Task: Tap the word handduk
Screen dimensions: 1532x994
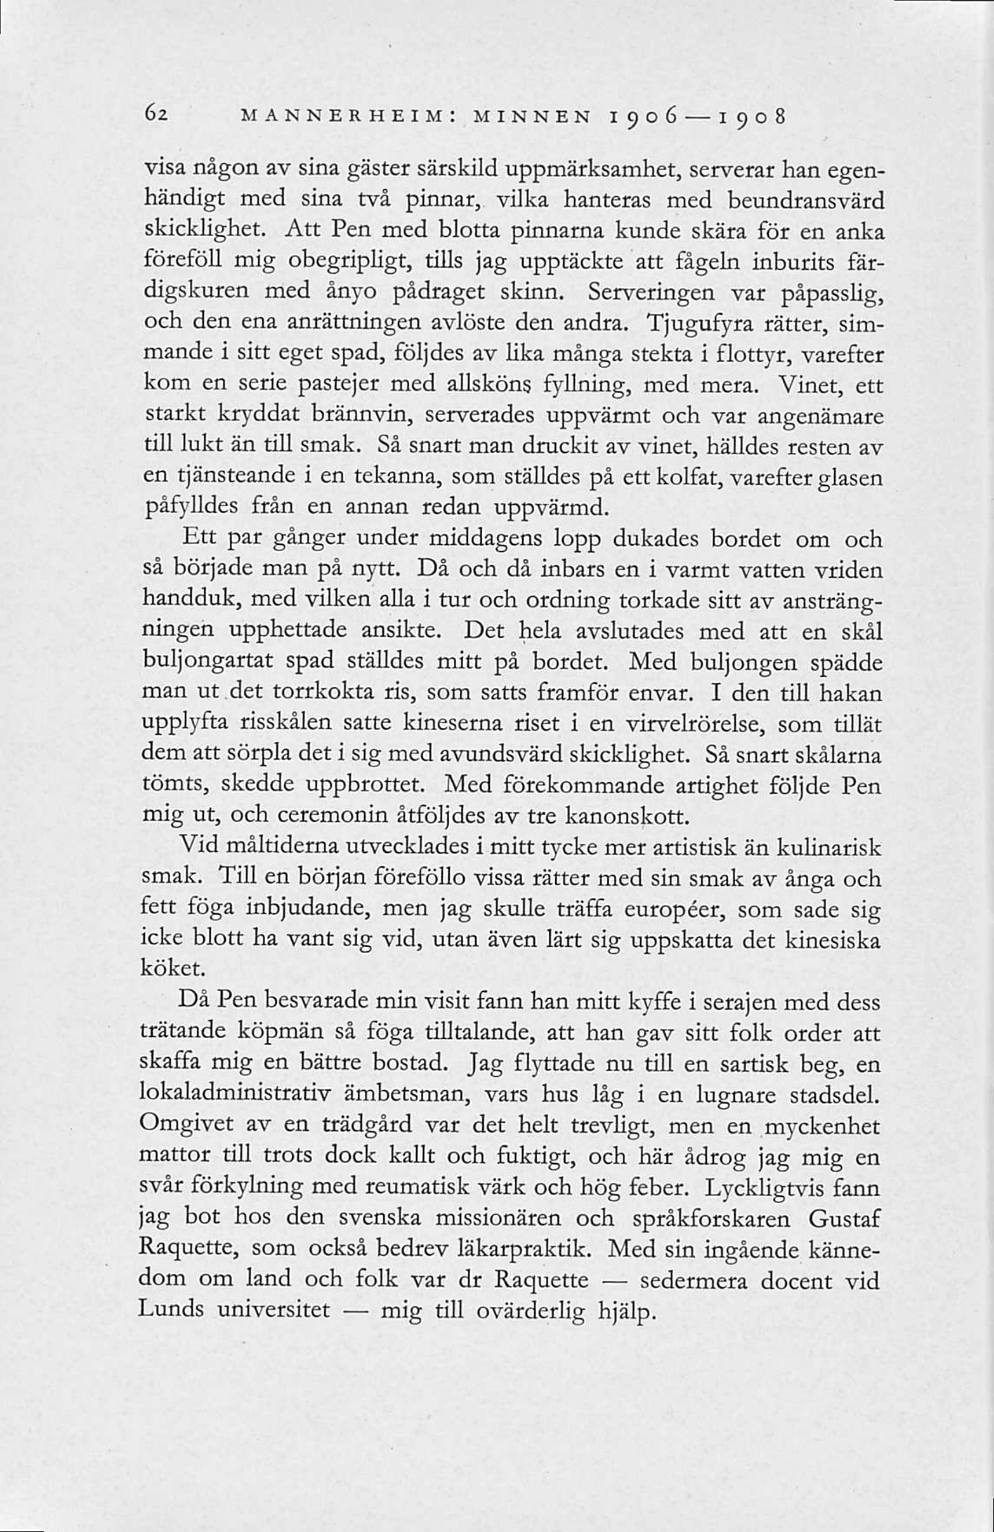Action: [x=190, y=600]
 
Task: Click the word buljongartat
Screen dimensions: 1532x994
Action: [x=208, y=662]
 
